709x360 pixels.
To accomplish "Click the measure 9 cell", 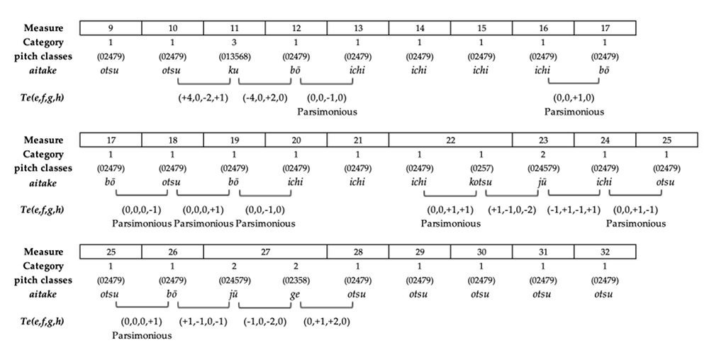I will click(x=111, y=28).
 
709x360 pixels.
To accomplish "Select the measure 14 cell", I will click(x=420, y=28).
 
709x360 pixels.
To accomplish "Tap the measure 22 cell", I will click(x=450, y=140).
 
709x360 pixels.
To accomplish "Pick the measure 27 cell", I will click(x=265, y=252).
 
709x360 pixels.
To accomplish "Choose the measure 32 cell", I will click(x=605, y=252).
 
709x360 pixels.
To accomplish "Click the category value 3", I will click(x=235, y=43).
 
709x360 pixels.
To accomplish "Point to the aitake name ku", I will click(x=234, y=71).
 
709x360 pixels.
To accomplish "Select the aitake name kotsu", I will click(x=481, y=183).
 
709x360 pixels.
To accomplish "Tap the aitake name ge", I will click(x=296, y=294).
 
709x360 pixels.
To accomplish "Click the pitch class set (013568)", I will click(x=235, y=57).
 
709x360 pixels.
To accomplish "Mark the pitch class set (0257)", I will click(x=481, y=169).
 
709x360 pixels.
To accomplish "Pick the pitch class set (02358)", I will click(x=296, y=280).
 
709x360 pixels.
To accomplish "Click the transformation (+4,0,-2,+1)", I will click(x=203, y=97).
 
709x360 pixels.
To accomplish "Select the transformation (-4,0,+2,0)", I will click(x=265, y=97).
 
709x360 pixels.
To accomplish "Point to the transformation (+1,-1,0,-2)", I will click(x=513, y=209).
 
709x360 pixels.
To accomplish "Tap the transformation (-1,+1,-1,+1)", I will click(x=574, y=209).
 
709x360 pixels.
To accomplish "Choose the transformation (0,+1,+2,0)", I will click(x=327, y=321).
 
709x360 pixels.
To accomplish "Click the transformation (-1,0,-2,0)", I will click(x=265, y=321).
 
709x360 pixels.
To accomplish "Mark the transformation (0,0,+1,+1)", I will click(x=450, y=209).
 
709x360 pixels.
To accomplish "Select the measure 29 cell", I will click(x=420, y=252).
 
